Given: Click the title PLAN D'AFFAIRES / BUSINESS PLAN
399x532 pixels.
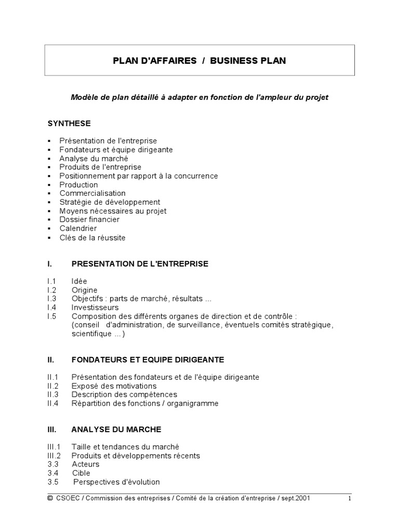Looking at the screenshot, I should click(199, 61).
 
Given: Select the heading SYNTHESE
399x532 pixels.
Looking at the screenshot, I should click(69, 123).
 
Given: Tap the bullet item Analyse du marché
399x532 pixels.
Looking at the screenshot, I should click(94, 158).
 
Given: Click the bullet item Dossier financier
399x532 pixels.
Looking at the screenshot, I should click(89, 220).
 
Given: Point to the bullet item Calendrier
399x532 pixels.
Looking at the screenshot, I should click(78, 229).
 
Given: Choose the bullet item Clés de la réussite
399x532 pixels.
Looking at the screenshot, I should click(92, 238).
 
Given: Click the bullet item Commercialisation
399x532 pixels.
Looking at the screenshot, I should click(92, 193).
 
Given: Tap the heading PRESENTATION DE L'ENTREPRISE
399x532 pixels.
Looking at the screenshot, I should click(140, 264).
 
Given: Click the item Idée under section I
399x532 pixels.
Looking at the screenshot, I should click(79, 281).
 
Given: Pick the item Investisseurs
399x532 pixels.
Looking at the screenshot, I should click(95, 308).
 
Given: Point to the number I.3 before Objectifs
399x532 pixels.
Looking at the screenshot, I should click(51, 299).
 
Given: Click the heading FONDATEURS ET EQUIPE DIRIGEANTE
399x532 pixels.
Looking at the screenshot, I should click(148, 360).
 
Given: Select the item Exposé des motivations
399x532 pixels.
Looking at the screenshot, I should click(114, 386).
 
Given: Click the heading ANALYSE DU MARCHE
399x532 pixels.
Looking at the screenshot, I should click(116, 430).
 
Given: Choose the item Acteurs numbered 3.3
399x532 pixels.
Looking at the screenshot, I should click(86, 464).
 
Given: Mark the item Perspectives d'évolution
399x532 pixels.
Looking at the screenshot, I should click(116, 482).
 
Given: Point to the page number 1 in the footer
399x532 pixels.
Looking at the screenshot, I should click(350, 499).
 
